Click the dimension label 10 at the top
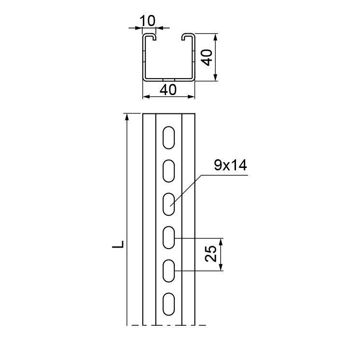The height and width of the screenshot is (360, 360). pos(147,21)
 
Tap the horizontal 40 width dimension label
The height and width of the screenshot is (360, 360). pos(168,90)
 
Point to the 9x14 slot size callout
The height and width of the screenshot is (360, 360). pos(230,166)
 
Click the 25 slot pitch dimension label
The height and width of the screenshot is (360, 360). pos(210,254)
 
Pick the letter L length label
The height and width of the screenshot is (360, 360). pos(118,244)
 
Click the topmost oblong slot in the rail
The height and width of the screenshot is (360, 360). pos(168,138)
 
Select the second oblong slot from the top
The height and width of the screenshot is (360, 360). pos(168,171)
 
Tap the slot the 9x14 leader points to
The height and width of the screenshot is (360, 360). pos(168,204)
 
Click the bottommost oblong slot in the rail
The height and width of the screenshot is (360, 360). pos(168,304)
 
